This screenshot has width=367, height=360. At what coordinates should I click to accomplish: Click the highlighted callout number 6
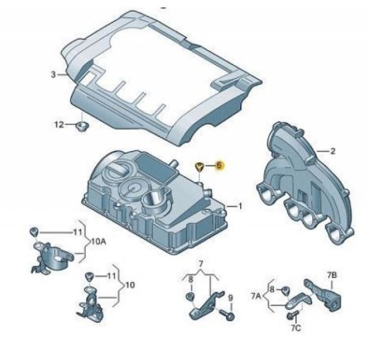pyautogui.click(x=219, y=166)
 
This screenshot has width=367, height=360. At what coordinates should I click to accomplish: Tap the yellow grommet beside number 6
pyautogui.click(x=199, y=166)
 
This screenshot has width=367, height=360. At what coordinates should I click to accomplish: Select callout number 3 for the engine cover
pyautogui.click(x=53, y=75)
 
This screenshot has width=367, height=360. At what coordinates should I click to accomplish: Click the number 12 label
pyautogui.click(x=59, y=125)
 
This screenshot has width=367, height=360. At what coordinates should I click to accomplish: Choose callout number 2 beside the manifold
pyautogui.click(x=332, y=151)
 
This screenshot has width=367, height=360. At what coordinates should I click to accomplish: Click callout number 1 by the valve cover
pyautogui.click(x=240, y=206)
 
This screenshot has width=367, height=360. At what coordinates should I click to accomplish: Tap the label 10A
pyautogui.click(x=99, y=242)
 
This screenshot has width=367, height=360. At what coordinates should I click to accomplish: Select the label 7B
pyautogui.click(x=332, y=275)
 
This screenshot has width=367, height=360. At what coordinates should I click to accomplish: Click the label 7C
pyautogui.click(x=296, y=329)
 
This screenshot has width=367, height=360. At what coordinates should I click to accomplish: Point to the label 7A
pyautogui.click(x=256, y=296)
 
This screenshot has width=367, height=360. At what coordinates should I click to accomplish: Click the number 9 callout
pyautogui.click(x=231, y=298)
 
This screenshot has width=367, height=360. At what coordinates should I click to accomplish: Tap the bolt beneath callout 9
pyautogui.click(x=227, y=315)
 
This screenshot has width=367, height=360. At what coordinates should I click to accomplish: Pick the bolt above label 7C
pyautogui.click(x=292, y=315)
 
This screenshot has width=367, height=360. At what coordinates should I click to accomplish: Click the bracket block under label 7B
pyautogui.click(x=323, y=295)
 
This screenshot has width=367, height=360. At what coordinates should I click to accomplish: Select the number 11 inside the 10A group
pyautogui.click(x=77, y=232)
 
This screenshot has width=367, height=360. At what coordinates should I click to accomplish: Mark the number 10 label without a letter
pyautogui.click(x=130, y=285)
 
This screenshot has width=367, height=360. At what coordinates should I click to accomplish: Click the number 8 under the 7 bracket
pyautogui.click(x=191, y=279)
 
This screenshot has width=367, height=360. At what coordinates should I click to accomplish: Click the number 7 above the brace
pyautogui.click(x=201, y=264)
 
